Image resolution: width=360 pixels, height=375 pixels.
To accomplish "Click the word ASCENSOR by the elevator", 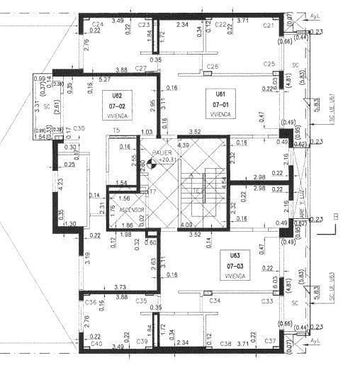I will point(131,210).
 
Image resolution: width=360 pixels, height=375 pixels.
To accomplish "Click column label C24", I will point(97,25).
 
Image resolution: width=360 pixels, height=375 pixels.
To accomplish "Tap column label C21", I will point(269,26).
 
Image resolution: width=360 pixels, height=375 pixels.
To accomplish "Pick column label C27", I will point(141,68).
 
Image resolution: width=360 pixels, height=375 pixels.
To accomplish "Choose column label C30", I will point(79,128).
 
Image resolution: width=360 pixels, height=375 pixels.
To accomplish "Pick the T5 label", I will point(116,130).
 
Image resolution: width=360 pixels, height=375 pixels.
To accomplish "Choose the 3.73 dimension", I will point(120,286).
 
